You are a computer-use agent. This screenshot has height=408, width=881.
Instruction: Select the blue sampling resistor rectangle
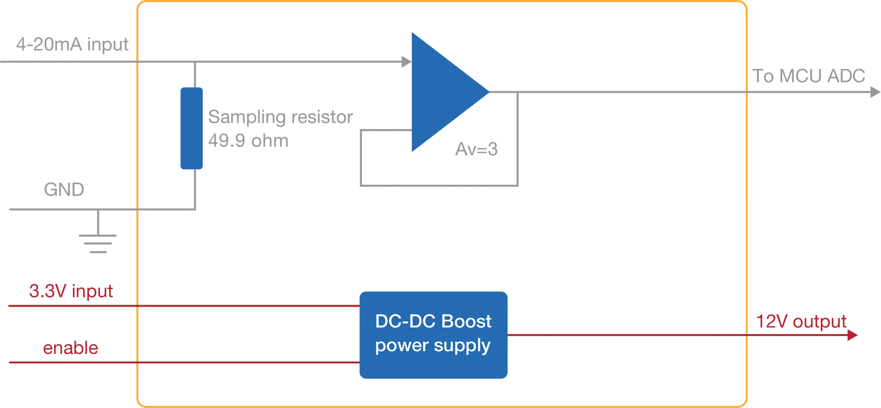click(191, 128)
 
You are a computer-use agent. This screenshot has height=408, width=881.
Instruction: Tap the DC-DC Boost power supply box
click(434, 335)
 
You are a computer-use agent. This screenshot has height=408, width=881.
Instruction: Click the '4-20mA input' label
click(72, 45)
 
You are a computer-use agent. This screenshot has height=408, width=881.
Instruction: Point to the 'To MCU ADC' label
click(809, 76)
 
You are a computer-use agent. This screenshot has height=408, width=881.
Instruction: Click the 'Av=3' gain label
click(476, 149)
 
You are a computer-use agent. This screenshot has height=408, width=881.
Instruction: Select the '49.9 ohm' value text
click(249, 140)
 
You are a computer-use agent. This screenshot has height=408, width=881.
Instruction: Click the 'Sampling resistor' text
click(281, 117)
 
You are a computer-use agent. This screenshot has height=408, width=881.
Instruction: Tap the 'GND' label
click(64, 189)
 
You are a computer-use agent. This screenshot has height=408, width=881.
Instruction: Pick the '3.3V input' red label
click(71, 291)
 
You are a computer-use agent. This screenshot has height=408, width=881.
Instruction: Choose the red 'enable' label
click(71, 348)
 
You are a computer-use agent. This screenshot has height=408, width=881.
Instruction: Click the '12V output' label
click(801, 321)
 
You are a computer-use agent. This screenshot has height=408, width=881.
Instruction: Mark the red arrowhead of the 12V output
click(852, 335)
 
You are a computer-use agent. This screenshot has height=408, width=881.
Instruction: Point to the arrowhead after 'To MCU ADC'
click(875, 92)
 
